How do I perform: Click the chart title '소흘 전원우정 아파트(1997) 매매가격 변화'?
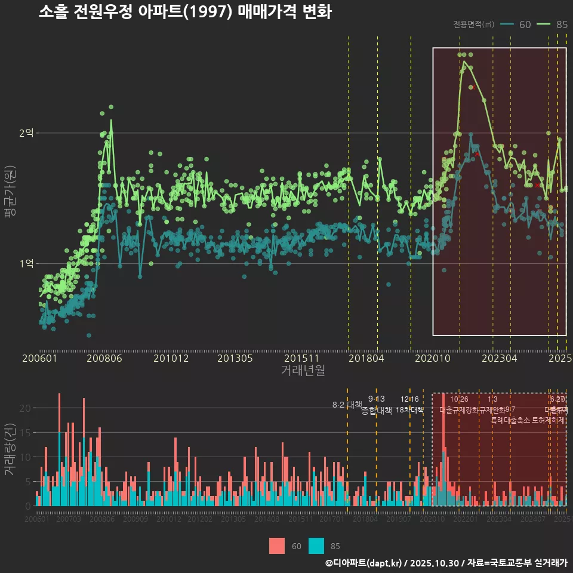184,13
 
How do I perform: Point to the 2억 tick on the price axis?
26,133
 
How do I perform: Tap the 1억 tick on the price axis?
26,263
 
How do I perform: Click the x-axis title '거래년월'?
303,370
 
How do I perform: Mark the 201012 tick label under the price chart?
171,358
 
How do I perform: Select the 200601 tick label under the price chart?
39,358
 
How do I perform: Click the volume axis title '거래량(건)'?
10,449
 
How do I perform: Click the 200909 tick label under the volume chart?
135,519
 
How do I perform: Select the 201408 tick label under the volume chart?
267,519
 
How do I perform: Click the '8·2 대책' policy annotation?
347,405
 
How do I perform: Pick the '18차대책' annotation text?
409,410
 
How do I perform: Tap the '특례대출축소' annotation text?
510,420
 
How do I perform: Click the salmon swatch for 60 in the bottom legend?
277,546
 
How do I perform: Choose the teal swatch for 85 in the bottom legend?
316,546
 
